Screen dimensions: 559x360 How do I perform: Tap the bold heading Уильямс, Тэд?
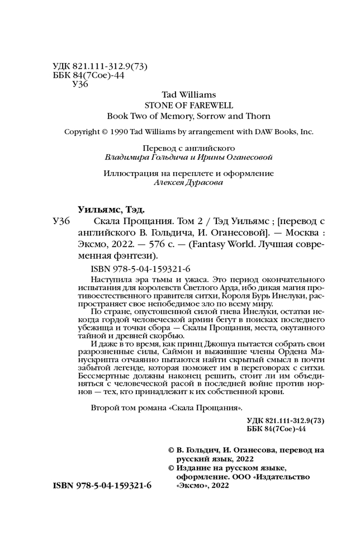click(x=110, y=210)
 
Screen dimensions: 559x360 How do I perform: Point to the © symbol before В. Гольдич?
click(x=171, y=450)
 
